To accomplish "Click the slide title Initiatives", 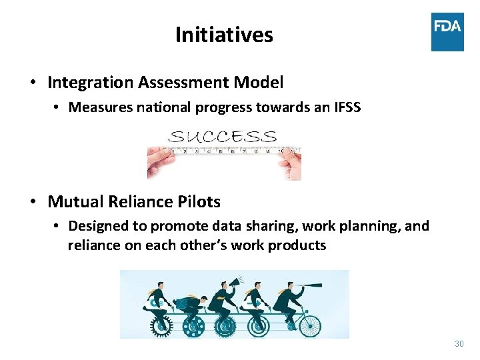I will pyautogui.click(x=224, y=35).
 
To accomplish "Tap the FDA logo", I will pyautogui.click(x=447, y=31).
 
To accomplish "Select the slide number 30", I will pyautogui.click(x=459, y=344).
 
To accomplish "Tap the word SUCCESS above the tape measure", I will pyautogui.click(x=223, y=137).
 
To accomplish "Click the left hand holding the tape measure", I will pyautogui.click(x=160, y=160).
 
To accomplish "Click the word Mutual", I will pyautogui.click(x=72, y=201).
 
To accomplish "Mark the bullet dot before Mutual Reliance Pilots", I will pyautogui.click(x=32, y=202).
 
